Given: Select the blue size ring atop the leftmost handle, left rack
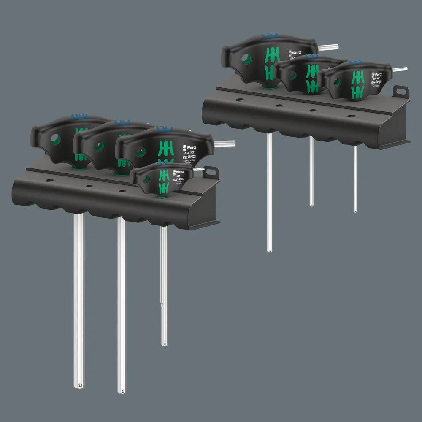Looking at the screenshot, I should tap(78, 115).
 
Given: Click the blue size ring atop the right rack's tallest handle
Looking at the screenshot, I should tap(267, 35).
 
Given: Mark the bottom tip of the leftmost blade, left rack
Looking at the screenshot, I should tap(79, 385).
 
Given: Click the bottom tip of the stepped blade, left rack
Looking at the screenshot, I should tap(164, 344).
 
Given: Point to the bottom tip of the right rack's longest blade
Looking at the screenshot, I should tap(270, 249).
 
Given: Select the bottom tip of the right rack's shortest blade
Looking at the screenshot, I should tap(355, 210).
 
